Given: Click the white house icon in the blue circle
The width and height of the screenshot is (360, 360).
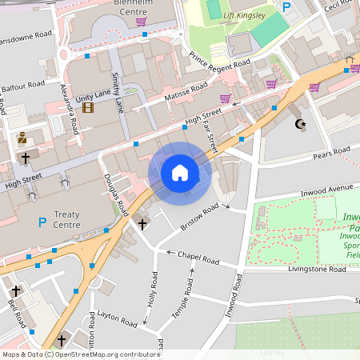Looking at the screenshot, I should [179, 173].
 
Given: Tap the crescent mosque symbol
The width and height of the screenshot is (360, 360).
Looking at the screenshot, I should [301, 124].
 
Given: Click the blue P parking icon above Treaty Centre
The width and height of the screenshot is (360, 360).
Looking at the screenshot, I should [42, 222].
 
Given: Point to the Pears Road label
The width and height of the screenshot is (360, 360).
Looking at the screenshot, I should [331, 152].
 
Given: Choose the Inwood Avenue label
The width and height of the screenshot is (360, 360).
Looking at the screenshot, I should [326, 190].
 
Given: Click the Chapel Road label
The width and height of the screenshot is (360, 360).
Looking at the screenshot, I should [198, 258].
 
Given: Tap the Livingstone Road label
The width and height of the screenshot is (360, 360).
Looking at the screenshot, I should [316, 270].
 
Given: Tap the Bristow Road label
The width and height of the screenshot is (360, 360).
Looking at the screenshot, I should [199, 217].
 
